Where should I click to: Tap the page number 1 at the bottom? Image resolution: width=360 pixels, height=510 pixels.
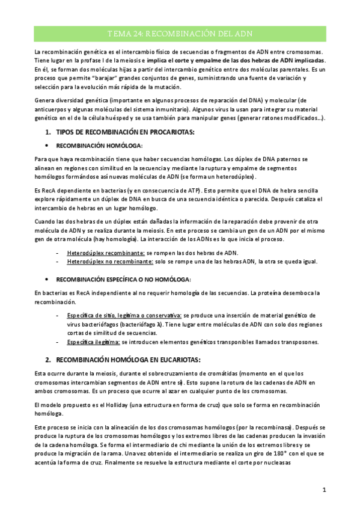(324, 490)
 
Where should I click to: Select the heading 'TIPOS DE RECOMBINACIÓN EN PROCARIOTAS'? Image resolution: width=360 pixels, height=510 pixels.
(125, 132)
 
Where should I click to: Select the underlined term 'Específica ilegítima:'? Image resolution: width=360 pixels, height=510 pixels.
(93, 342)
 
